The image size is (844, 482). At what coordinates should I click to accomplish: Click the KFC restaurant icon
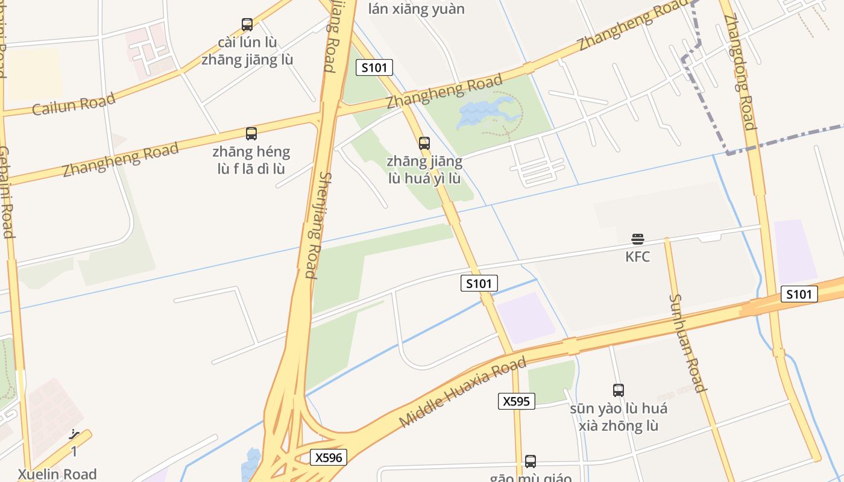pos(637,239)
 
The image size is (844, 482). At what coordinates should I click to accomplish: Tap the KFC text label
pos(637,257)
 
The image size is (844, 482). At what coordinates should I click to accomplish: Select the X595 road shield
pos(517,401)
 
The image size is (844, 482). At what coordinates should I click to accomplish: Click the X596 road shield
pos(329,457)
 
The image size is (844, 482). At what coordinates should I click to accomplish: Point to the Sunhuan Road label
pos(687,343)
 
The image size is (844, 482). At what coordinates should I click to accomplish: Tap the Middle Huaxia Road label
pos(462,392)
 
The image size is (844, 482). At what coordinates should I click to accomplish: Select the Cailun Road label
pos(74,104)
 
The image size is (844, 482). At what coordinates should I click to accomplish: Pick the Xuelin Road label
pos(57,474)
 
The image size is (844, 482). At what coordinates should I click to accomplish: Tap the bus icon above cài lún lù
pos(247,25)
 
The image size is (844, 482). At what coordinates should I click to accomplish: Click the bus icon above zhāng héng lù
pos(251,133)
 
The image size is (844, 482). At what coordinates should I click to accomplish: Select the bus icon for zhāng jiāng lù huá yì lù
pos(424,143)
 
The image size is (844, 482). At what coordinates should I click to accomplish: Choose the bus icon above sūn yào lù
pos(619,390)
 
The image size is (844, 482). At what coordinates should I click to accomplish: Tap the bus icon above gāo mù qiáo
pos(531,461)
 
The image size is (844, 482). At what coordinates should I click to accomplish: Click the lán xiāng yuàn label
pos(416,8)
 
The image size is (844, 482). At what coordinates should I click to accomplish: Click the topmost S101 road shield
pos(374,67)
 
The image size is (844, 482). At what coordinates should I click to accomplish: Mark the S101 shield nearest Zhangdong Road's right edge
pos(799,294)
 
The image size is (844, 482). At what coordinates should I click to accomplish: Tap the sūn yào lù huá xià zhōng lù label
pos(619,417)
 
